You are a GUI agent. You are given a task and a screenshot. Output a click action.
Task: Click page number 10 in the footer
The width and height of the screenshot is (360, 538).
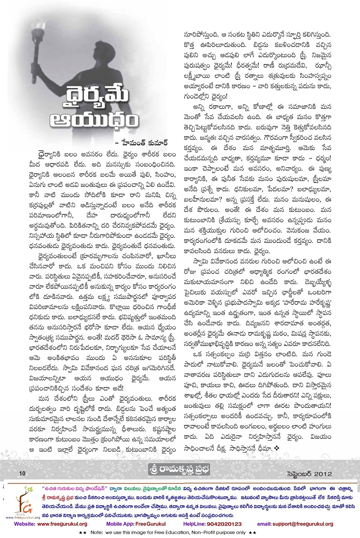pos(22,473)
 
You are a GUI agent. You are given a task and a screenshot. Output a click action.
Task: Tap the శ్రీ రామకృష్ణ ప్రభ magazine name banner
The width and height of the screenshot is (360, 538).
pos(179,470)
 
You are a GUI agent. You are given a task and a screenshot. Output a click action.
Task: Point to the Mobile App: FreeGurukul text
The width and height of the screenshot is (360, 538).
pos(136,524)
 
